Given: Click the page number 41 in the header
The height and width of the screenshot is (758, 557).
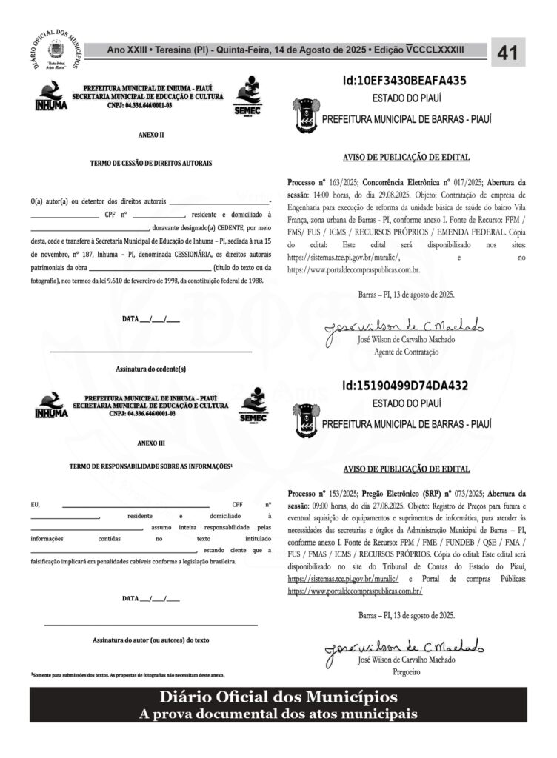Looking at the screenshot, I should (507, 53).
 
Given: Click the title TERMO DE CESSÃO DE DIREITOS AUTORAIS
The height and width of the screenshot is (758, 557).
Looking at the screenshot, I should (151, 161).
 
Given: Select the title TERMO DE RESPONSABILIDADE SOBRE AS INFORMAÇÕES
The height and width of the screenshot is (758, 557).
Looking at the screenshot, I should (150, 466).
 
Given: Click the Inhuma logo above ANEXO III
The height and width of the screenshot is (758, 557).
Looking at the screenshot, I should (50, 406).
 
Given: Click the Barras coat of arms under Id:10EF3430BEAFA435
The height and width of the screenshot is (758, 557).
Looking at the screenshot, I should (304, 113).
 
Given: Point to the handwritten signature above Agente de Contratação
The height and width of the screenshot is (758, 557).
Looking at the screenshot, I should (404, 326).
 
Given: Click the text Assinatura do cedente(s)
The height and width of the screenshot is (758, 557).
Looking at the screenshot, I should (151, 368).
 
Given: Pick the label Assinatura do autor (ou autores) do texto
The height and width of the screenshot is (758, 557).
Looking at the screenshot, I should (151, 638).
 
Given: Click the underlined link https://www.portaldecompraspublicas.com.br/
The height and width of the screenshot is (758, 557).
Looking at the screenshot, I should (355, 591).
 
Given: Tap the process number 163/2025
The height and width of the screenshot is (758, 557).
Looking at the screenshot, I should (334, 181).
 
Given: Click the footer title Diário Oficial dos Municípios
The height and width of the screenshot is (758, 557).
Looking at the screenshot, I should (278, 697).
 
